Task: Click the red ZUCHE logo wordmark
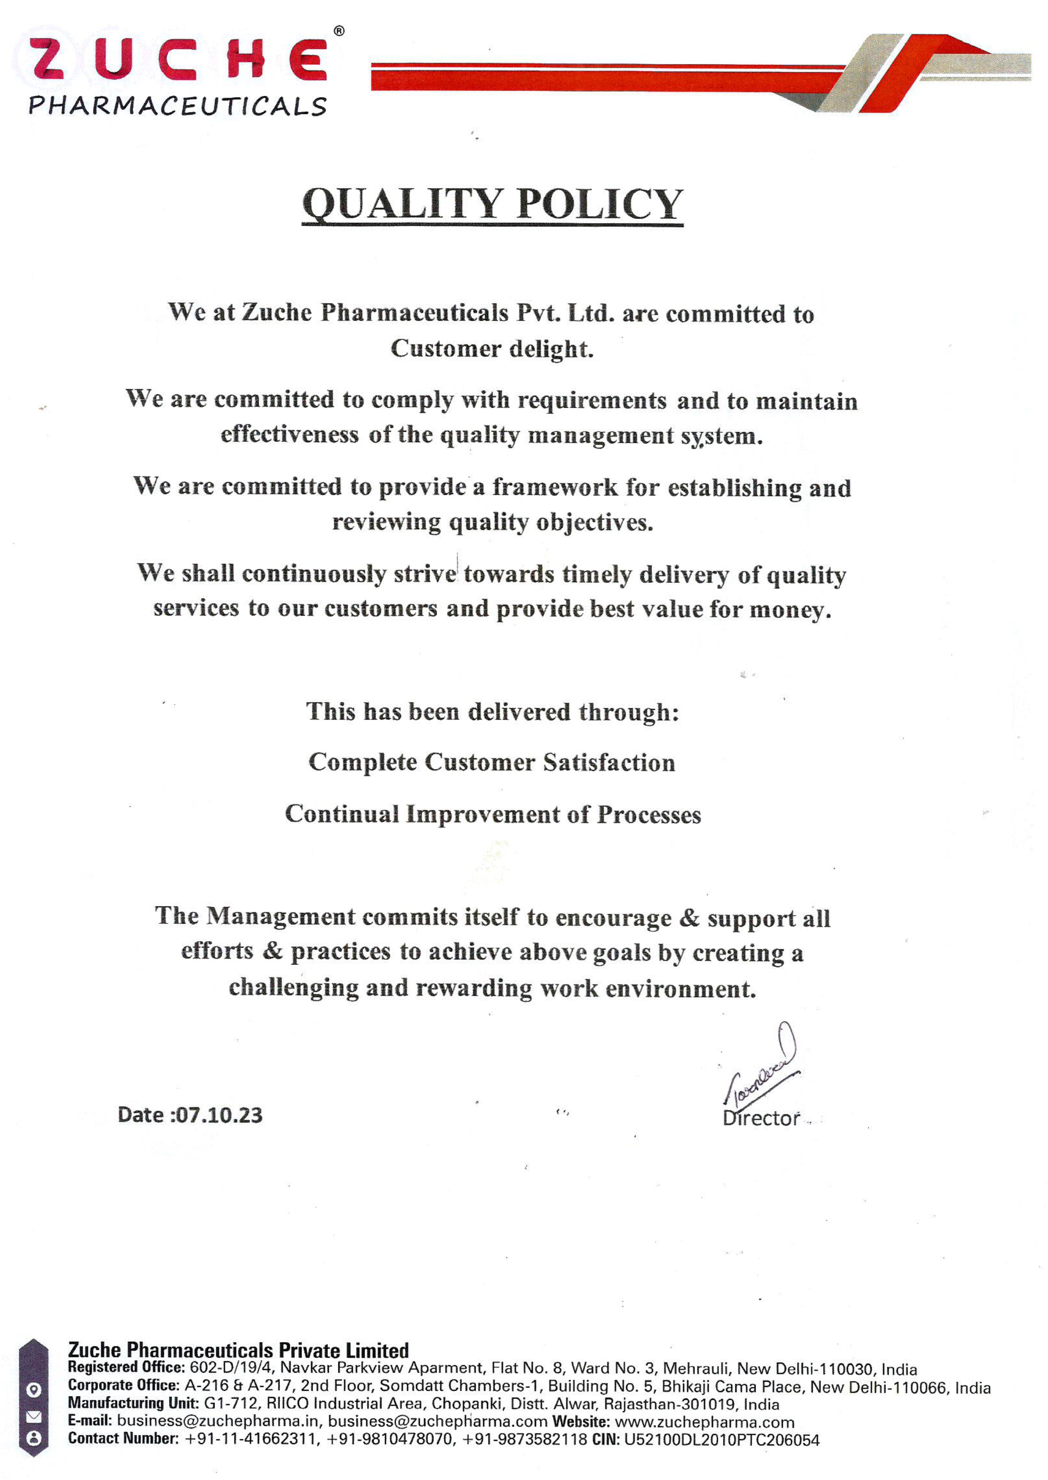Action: click(x=177, y=59)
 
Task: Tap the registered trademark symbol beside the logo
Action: click(x=339, y=31)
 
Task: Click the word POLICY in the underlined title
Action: click(x=600, y=204)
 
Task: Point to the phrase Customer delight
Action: click(x=492, y=349)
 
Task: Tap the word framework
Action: click(x=555, y=487)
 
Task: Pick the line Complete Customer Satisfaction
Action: click(x=492, y=763)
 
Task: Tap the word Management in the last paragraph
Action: click(x=281, y=916)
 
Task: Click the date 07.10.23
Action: click(x=220, y=1115)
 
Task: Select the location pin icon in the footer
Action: click(x=34, y=1390)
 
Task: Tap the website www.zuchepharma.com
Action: click(x=704, y=1422)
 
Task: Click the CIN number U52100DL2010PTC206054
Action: click(x=722, y=1440)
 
